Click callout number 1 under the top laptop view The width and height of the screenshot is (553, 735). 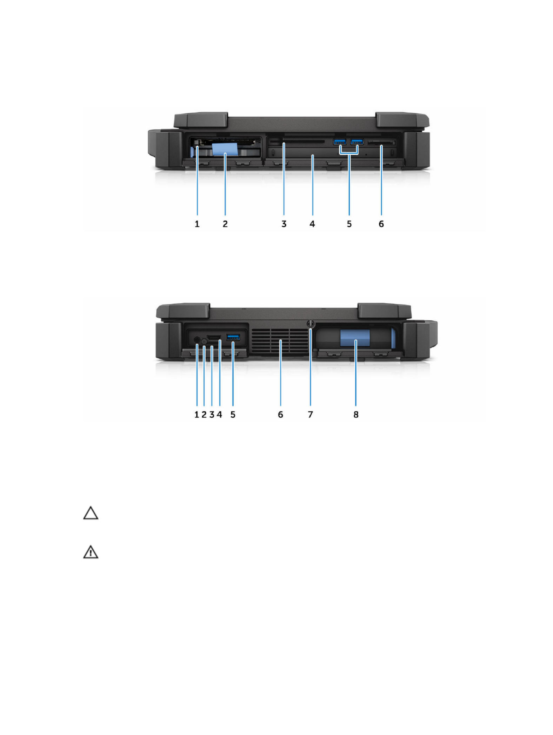(x=197, y=224)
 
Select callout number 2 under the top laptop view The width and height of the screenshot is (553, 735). (x=225, y=224)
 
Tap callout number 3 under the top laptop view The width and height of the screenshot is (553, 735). (x=284, y=224)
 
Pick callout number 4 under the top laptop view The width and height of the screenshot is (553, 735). (x=312, y=224)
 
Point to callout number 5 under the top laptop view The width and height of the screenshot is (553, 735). (x=349, y=224)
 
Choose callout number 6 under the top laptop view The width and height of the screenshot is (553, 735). (x=381, y=224)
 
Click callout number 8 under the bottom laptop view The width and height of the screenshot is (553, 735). (x=356, y=415)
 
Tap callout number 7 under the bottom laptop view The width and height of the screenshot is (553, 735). (x=311, y=415)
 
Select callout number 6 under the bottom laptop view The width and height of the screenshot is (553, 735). (x=281, y=415)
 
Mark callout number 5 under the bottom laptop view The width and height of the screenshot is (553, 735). (x=233, y=415)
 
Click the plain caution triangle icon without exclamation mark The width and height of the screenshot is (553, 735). (x=91, y=513)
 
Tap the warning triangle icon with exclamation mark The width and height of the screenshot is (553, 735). (x=91, y=552)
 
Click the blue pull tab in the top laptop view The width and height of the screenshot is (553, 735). (x=225, y=149)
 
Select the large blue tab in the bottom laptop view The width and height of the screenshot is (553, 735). (x=355, y=338)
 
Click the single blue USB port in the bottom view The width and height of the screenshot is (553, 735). (x=233, y=338)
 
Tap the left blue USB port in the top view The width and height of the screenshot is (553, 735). (x=340, y=142)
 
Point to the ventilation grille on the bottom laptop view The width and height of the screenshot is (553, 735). (x=280, y=341)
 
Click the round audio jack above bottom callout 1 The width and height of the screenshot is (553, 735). (x=197, y=340)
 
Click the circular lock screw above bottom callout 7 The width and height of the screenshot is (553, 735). (x=311, y=324)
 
